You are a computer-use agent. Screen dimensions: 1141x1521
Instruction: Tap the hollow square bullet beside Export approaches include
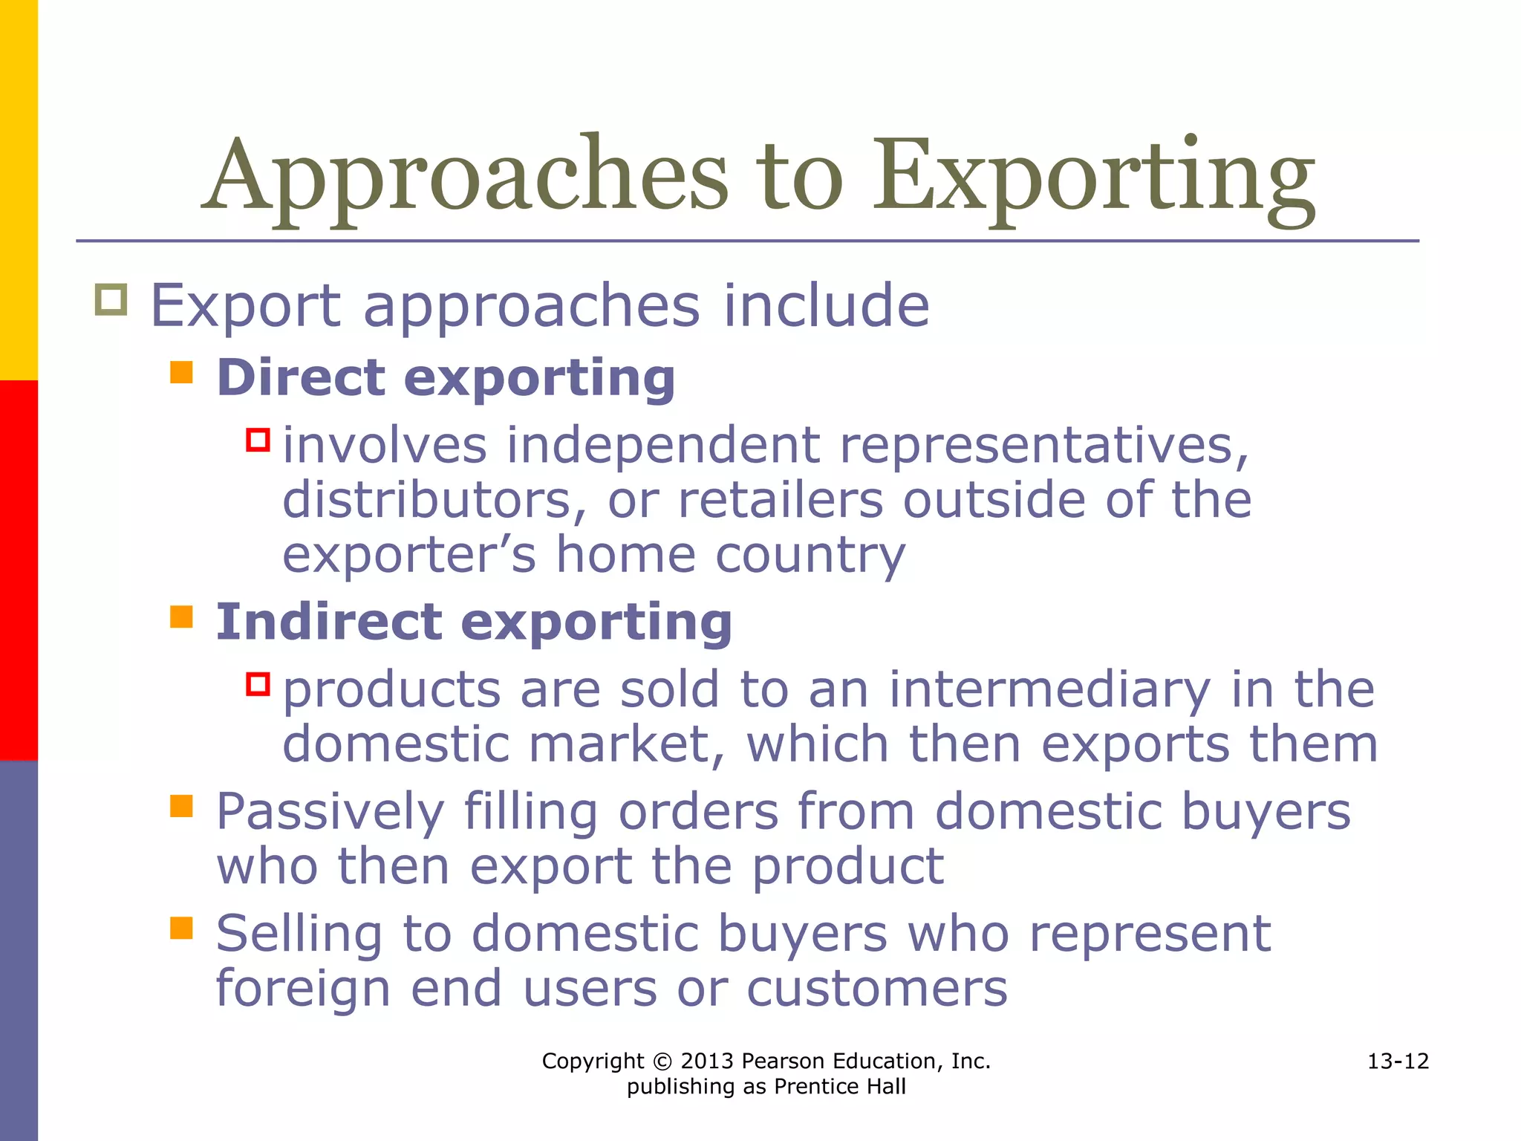(111, 300)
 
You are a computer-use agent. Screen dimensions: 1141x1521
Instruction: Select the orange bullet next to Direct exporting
(181, 371)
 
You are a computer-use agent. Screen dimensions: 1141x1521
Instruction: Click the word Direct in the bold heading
(301, 377)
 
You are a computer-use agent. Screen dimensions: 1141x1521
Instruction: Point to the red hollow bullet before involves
(258, 440)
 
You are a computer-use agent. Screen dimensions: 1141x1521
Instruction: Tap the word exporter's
(409, 555)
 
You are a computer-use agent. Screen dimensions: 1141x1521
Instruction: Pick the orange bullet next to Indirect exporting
(181, 617)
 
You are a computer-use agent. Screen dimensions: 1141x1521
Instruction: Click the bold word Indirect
(329, 622)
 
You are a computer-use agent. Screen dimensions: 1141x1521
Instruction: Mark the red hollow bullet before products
(258, 683)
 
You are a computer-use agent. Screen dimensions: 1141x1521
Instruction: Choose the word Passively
(330, 812)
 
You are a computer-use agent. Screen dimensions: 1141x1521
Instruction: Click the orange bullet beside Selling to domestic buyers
(181, 928)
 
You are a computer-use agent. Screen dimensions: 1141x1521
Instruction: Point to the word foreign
(303, 989)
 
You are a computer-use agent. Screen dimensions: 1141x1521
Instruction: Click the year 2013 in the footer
(707, 1062)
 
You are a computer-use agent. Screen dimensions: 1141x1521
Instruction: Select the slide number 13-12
(1398, 1062)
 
